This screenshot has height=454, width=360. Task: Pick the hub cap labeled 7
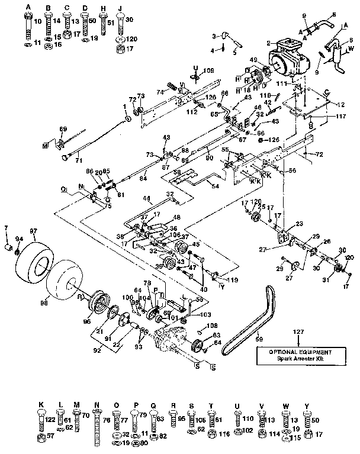click(8, 245)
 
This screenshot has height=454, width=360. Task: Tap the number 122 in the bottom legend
click(50, 419)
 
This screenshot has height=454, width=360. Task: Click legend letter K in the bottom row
click(40, 407)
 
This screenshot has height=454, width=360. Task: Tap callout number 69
click(63, 128)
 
